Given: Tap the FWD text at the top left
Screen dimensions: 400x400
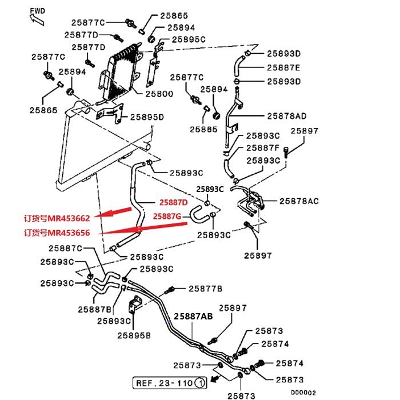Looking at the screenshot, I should click(37, 10).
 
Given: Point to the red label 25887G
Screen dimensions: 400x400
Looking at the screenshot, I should click(167, 216).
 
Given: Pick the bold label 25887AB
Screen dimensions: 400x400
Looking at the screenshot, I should click(193, 315).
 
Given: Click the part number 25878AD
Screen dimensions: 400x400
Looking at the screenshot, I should click(288, 115).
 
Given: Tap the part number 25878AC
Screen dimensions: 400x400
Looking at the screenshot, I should click(298, 201).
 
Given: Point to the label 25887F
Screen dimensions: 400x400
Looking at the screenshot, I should click(263, 147).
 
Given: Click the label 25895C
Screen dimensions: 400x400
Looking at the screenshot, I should click(189, 39).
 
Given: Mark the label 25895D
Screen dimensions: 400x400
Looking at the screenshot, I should click(147, 117).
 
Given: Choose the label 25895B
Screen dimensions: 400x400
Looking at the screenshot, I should click(134, 335).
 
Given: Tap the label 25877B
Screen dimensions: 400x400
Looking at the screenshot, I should click(205, 289).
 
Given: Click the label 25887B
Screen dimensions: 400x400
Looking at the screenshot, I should click(94, 309).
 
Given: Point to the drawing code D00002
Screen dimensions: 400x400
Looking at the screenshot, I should click(303, 393).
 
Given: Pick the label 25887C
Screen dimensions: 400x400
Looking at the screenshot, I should click(65, 248).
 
